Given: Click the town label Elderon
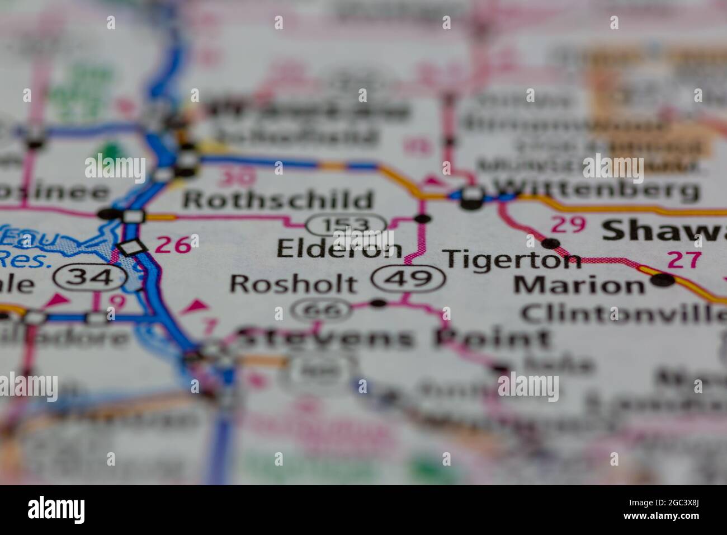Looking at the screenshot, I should [339, 250].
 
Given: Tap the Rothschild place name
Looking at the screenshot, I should [278, 200].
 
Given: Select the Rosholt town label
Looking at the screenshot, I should [293, 284].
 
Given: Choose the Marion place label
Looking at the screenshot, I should [579, 285].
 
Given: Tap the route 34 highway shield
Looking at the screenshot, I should [90, 276].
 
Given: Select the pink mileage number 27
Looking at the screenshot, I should [683, 259].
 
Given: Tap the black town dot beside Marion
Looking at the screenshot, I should [664, 280].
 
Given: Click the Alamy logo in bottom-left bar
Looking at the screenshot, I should [56, 510].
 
